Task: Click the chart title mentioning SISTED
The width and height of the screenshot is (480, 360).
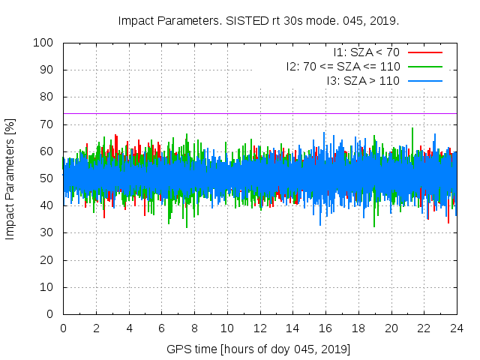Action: coord(259,20)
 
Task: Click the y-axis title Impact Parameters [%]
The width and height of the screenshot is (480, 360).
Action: coord(10,178)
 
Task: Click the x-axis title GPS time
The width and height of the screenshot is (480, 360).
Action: coord(259,349)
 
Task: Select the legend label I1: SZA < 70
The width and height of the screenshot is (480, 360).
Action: coord(367,52)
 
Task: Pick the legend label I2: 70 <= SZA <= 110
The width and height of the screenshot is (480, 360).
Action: coord(343,66)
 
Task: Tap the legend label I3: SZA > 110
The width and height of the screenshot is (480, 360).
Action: coord(364,80)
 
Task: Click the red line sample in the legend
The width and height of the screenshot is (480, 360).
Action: coord(425,52)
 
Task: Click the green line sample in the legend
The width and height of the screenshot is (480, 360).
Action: coord(425,66)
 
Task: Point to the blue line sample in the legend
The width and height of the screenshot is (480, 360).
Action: coord(425,80)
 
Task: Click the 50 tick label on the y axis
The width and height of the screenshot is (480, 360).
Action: coord(46,178)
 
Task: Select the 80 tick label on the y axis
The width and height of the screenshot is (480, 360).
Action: coord(46,97)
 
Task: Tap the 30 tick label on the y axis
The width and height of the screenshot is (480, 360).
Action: coord(46,233)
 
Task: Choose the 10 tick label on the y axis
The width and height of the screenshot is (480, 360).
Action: coord(46,287)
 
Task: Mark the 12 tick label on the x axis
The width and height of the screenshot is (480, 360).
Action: coord(259,328)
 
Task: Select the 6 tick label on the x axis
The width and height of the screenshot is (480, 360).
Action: coord(161,328)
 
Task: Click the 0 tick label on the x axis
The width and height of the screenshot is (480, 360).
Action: coord(63,328)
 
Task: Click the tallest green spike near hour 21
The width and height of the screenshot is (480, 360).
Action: coord(412,129)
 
